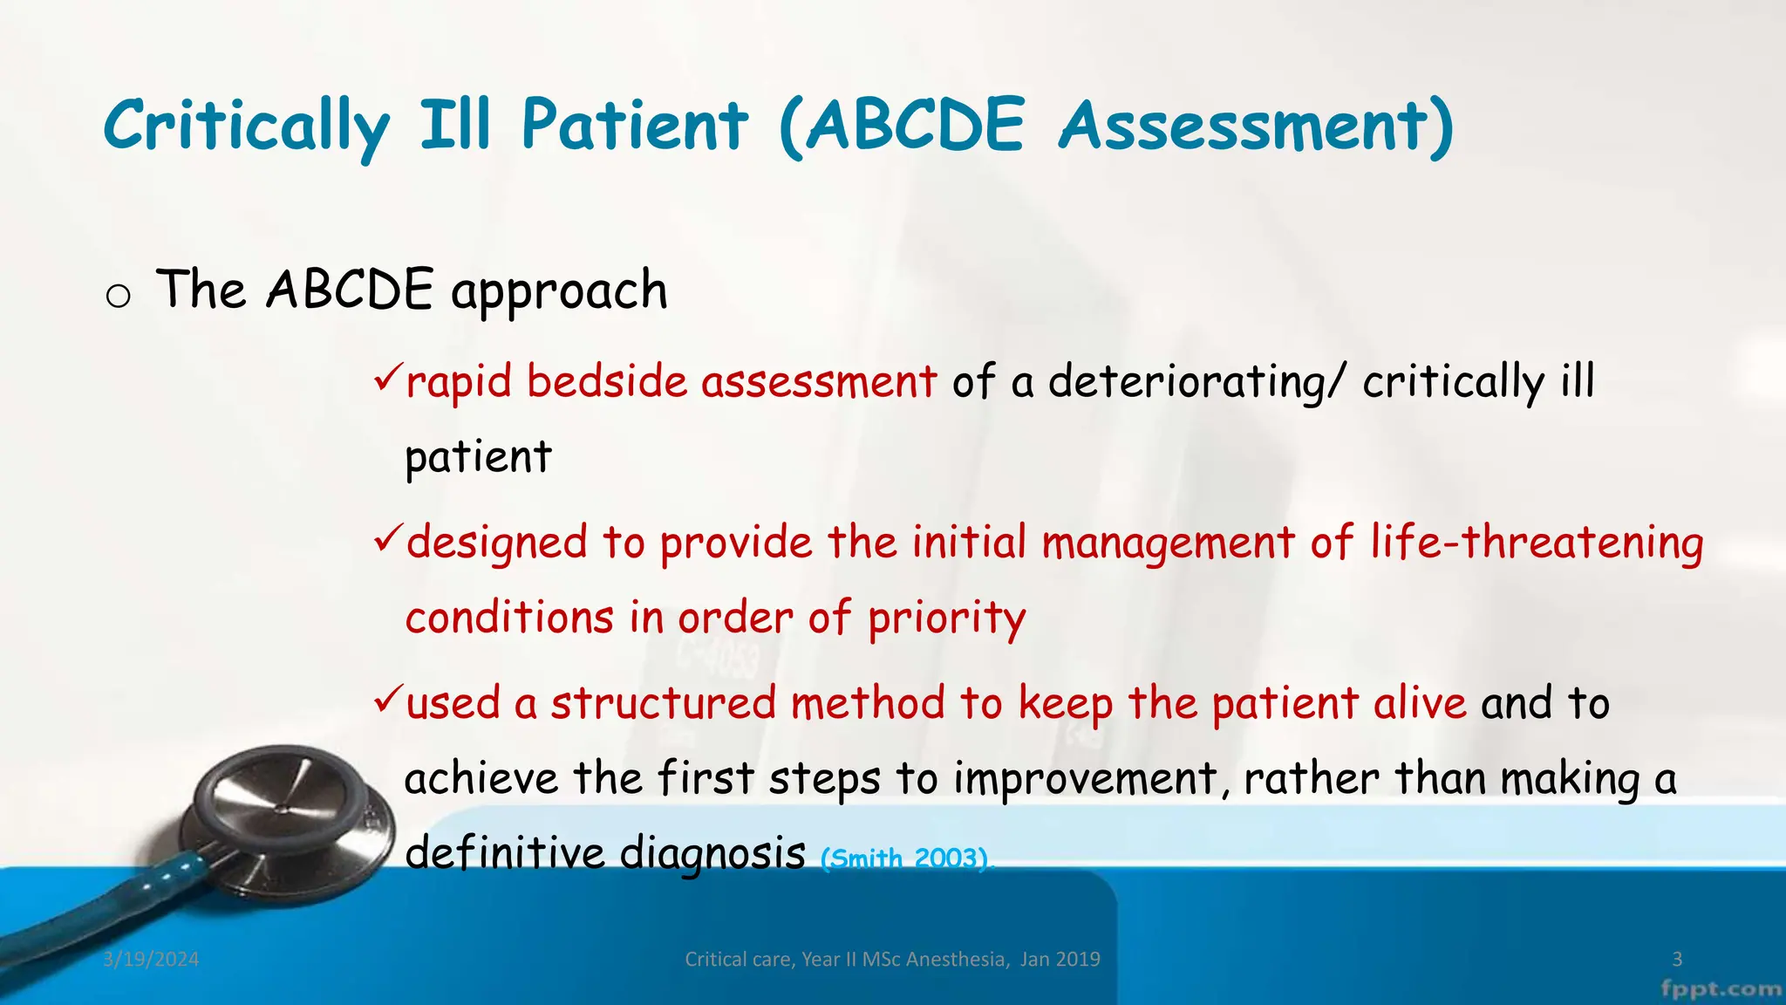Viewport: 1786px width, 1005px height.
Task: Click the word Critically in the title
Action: coord(246,126)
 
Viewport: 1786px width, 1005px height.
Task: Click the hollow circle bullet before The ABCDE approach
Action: coord(118,296)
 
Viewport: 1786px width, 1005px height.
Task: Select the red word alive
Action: coord(1420,703)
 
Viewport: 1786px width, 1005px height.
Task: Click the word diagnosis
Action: coord(712,853)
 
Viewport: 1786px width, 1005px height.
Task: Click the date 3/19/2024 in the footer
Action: coord(151,960)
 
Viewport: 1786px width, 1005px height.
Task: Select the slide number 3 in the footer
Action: coord(1676,960)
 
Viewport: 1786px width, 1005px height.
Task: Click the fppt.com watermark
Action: coord(1721,989)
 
